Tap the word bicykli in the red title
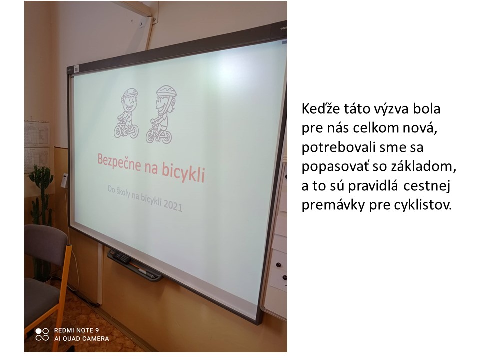click(x=183, y=173)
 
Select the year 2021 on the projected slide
click(x=173, y=205)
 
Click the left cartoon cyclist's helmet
click(x=130, y=93)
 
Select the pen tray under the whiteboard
click(x=134, y=265)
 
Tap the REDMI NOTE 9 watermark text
click(x=76, y=330)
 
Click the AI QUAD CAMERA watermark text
click(x=81, y=339)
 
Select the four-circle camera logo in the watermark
click(x=42, y=334)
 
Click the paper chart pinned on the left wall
click(x=37, y=147)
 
